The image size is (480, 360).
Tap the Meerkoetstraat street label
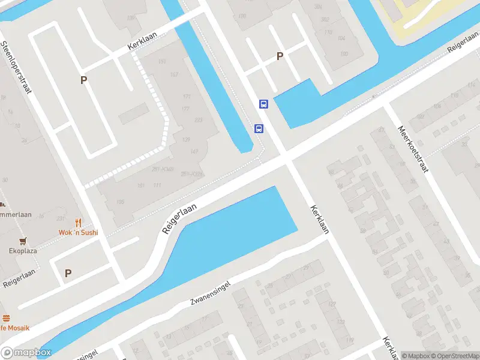click(413, 149)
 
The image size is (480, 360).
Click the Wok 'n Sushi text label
click(78, 232)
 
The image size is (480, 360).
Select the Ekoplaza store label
click(22, 251)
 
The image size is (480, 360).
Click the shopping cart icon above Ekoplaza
click(23, 241)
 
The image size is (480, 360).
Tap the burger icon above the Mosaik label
click(6, 318)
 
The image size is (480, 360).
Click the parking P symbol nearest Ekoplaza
click(68, 273)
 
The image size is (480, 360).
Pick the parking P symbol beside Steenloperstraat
click(84, 80)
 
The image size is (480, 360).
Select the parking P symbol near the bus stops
click(280, 56)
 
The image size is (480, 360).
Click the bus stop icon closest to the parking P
click(263, 104)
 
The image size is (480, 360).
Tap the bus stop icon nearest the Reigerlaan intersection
click(259, 128)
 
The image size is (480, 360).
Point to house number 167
click(174, 74)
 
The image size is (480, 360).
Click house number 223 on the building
click(199, 120)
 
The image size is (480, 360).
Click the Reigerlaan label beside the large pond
click(179, 218)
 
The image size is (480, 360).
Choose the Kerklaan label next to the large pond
click(320, 219)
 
